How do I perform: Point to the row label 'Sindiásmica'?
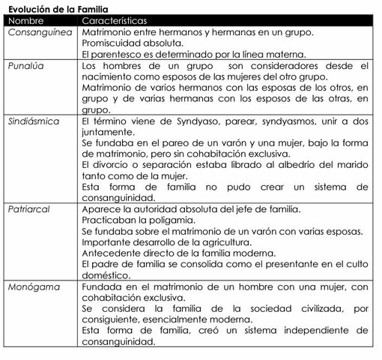coord(35,120)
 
